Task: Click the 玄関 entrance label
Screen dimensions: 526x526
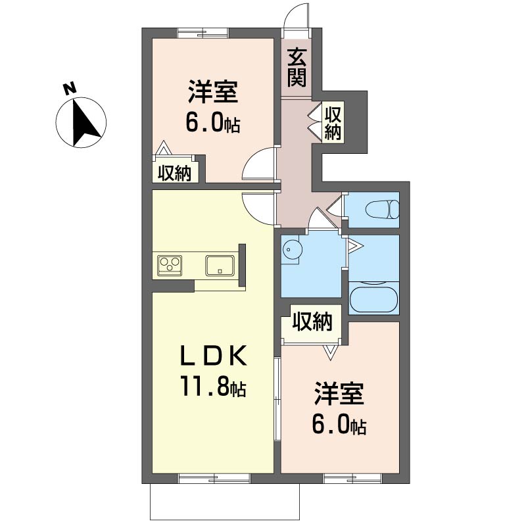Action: click(x=297, y=68)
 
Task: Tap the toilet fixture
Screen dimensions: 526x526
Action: click(x=383, y=210)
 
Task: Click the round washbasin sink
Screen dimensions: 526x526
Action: click(x=292, y=249)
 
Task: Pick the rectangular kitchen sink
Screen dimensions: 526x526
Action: click(x=220, y=266)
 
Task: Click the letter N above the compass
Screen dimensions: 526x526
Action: click(x=70, y=89)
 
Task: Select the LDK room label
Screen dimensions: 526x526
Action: click(x=214, y=356)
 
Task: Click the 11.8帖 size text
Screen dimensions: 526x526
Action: click(x=214, y=386)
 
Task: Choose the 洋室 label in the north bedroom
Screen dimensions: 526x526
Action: click(x=213, y=91)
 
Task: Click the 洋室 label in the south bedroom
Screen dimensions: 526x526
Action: click(x=339, y=393)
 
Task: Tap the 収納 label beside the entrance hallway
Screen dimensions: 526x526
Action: click(x=333, y=123)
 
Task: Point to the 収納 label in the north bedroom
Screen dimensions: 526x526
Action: click(x=174, y=174)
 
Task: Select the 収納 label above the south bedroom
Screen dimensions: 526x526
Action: click(x=312, y=322)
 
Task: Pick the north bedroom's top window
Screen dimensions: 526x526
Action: click(x=203, y=34)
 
